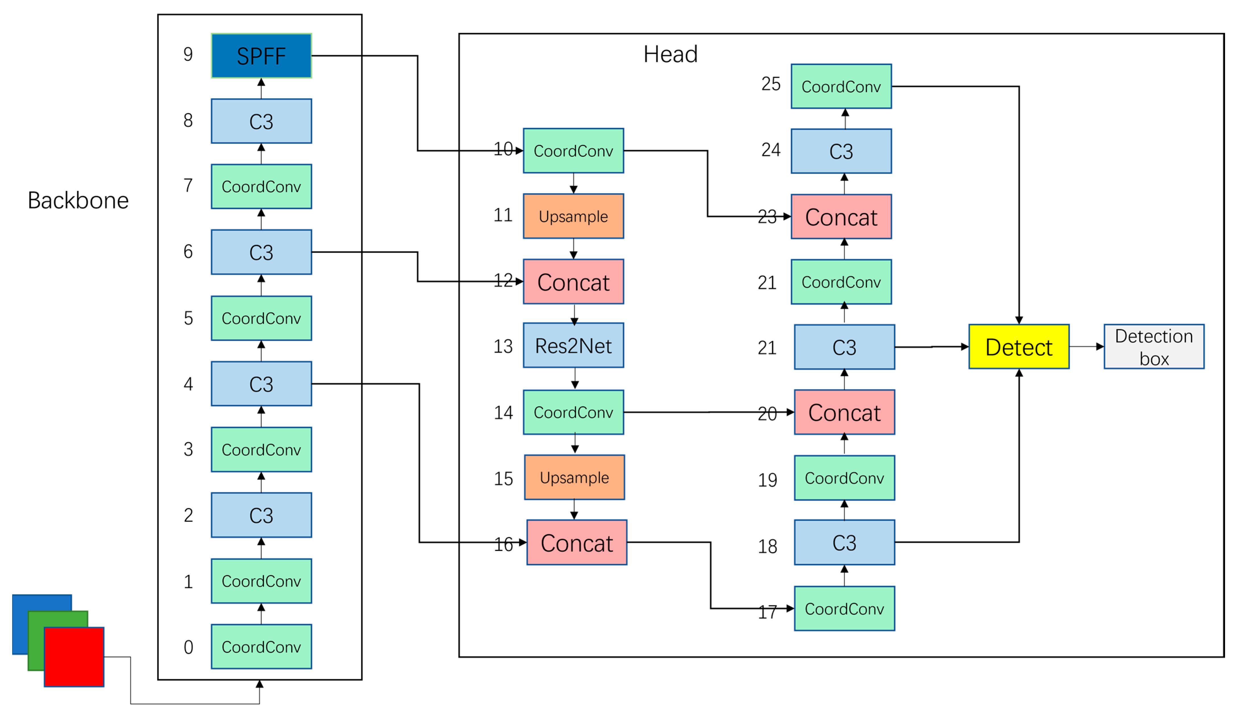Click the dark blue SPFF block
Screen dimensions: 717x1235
(261, 56)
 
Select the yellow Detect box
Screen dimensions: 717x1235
(1019, 346)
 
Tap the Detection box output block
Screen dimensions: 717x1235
(1154, 346)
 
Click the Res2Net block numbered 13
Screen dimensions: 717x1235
(573, 346)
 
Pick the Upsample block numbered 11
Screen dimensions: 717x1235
(573, 216)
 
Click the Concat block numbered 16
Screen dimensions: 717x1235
(576, 543)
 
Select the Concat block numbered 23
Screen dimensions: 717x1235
(841, 217)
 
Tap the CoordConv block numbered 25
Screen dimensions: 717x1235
(841, 86)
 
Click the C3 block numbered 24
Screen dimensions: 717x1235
(841, 151)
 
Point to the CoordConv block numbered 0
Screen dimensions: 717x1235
(261, 647)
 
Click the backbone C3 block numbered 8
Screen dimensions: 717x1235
(261, 121)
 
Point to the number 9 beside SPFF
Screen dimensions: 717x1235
(188, 54)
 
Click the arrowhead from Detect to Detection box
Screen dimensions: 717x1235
(1100, 346)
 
